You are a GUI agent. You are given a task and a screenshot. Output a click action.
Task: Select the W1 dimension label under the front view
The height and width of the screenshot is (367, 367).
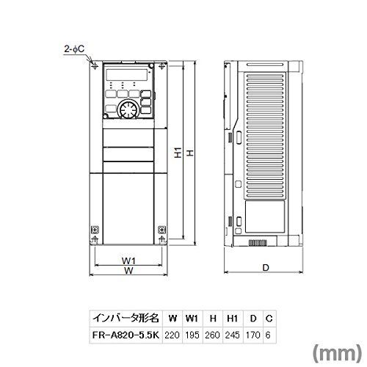[x=128, y=261]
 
